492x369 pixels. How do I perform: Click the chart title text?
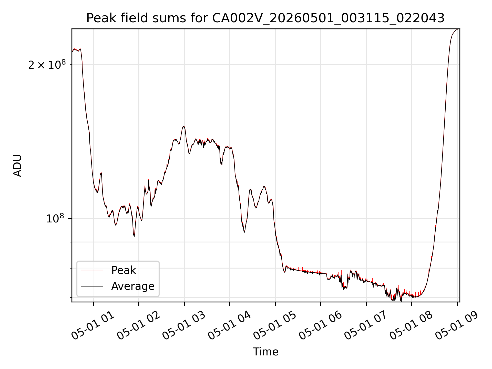coord(265,18)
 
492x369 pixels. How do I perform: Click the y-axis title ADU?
coord(17,166)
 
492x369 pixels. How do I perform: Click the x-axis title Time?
coord(265,352)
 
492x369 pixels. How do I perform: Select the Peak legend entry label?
coord(124,270)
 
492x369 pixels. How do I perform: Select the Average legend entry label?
coord(133,286)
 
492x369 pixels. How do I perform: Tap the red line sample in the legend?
coord(92,270)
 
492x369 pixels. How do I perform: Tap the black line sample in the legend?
coord(92,286)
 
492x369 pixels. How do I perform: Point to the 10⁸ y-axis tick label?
coord(55,218)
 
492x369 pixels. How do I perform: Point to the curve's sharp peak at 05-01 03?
coord(183,126)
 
